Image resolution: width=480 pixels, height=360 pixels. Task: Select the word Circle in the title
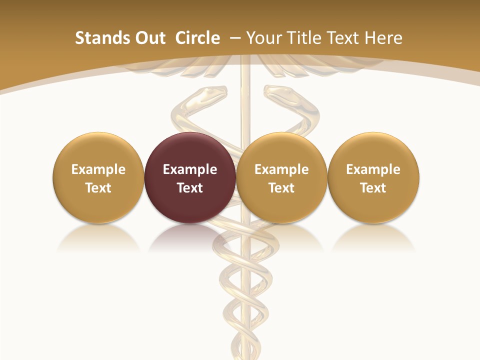point(197,38)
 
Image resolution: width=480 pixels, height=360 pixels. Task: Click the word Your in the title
point(262,38)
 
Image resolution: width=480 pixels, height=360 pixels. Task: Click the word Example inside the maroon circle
point(190,169)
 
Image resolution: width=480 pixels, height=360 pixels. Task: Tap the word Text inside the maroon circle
point(190,188)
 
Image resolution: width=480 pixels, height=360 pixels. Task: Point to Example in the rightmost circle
point(373,169)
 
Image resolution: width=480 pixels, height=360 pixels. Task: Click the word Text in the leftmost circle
point(98,188)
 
